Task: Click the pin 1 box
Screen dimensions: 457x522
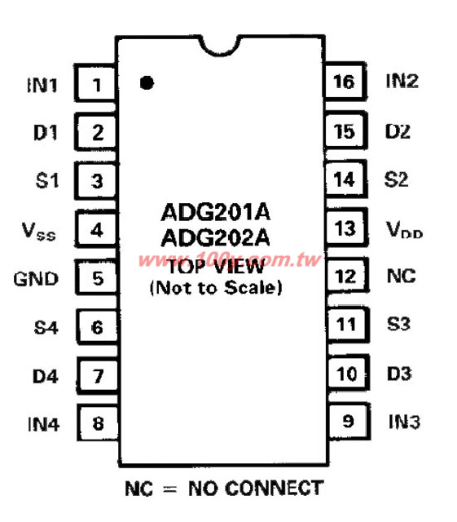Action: (95, 83)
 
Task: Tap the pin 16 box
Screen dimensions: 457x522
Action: (345, 81)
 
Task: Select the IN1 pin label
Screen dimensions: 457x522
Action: (42, 85)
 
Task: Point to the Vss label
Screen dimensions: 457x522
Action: (38, 231)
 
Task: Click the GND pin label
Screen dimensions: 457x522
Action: (36, 279)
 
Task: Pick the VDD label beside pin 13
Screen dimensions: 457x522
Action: (404, 229)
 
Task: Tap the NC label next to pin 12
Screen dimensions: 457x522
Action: (402, 276)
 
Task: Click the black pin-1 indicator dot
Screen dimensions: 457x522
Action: (147, 82)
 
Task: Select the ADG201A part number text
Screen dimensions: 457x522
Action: (216, 212)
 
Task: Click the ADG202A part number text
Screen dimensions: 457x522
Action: (216, 237)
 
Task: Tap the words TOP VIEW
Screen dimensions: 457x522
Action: (216, 267)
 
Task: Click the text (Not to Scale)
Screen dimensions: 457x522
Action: (216, 288)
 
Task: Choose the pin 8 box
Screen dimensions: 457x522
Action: (98, 422)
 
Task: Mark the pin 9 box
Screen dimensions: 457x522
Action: (349, 421)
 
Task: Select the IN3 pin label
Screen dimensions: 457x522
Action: (404, 422)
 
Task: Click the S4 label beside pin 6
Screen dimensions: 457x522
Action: (46, 328)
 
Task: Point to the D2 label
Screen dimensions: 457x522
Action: (398, 131)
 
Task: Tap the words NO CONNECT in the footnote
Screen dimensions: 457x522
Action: (256, 489)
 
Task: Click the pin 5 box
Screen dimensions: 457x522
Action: (97, 277)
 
